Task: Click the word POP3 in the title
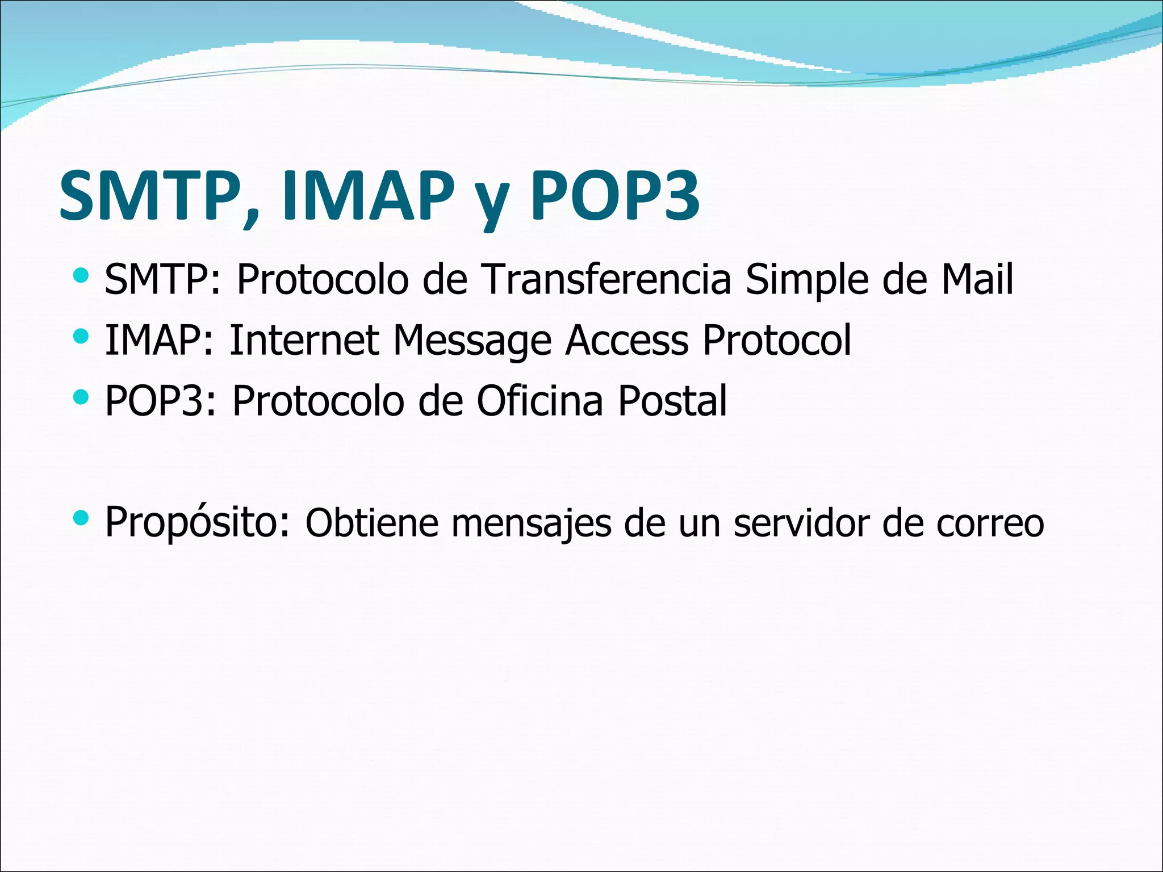coord(614,196)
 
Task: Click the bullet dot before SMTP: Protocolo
coord(81,276)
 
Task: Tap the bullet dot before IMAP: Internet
coord(81,337)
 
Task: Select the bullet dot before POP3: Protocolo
coord(81,397)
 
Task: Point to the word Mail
coord(977,279)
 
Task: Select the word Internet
coord(304,341)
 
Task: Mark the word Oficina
coord(539,401)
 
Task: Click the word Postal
coord(672,401)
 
